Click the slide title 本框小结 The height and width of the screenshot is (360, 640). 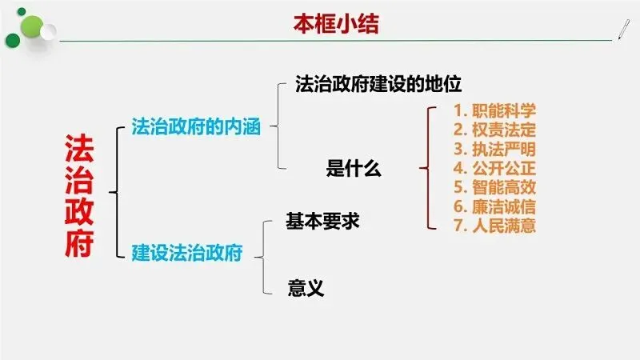point(334,24)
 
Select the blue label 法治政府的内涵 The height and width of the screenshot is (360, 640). point(196,127)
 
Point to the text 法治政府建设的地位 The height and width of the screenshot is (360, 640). point(380,82)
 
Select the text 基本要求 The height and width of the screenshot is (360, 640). point(322,222)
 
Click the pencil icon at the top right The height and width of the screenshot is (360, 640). point(620,28)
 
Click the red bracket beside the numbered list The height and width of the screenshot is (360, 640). point(428,168)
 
